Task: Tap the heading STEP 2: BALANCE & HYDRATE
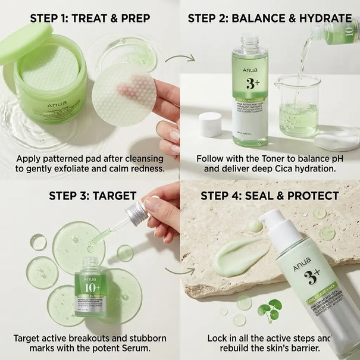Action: (270, 18)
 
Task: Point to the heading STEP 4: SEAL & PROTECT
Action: (270, 196)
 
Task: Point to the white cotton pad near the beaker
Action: (336, 140)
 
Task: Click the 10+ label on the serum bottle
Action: (90, 286)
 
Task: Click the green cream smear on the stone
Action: (240, 257)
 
